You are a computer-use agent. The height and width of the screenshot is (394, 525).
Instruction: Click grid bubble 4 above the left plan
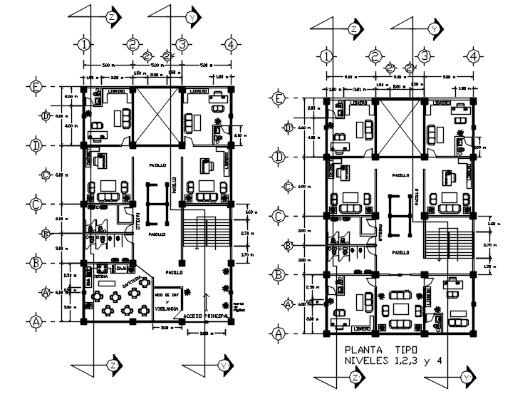(229, 44)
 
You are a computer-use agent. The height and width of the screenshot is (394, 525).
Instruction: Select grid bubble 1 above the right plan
(326, 56)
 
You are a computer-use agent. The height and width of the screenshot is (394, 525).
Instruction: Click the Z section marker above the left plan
(111, 16)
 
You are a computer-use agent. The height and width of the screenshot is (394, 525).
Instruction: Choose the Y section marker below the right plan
(467, 375)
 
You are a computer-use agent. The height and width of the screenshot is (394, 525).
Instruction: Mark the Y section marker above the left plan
(191, 16)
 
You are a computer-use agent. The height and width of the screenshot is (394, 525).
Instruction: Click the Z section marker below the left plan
(113, 365)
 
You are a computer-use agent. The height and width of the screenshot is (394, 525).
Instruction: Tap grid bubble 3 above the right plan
(423, 56)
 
